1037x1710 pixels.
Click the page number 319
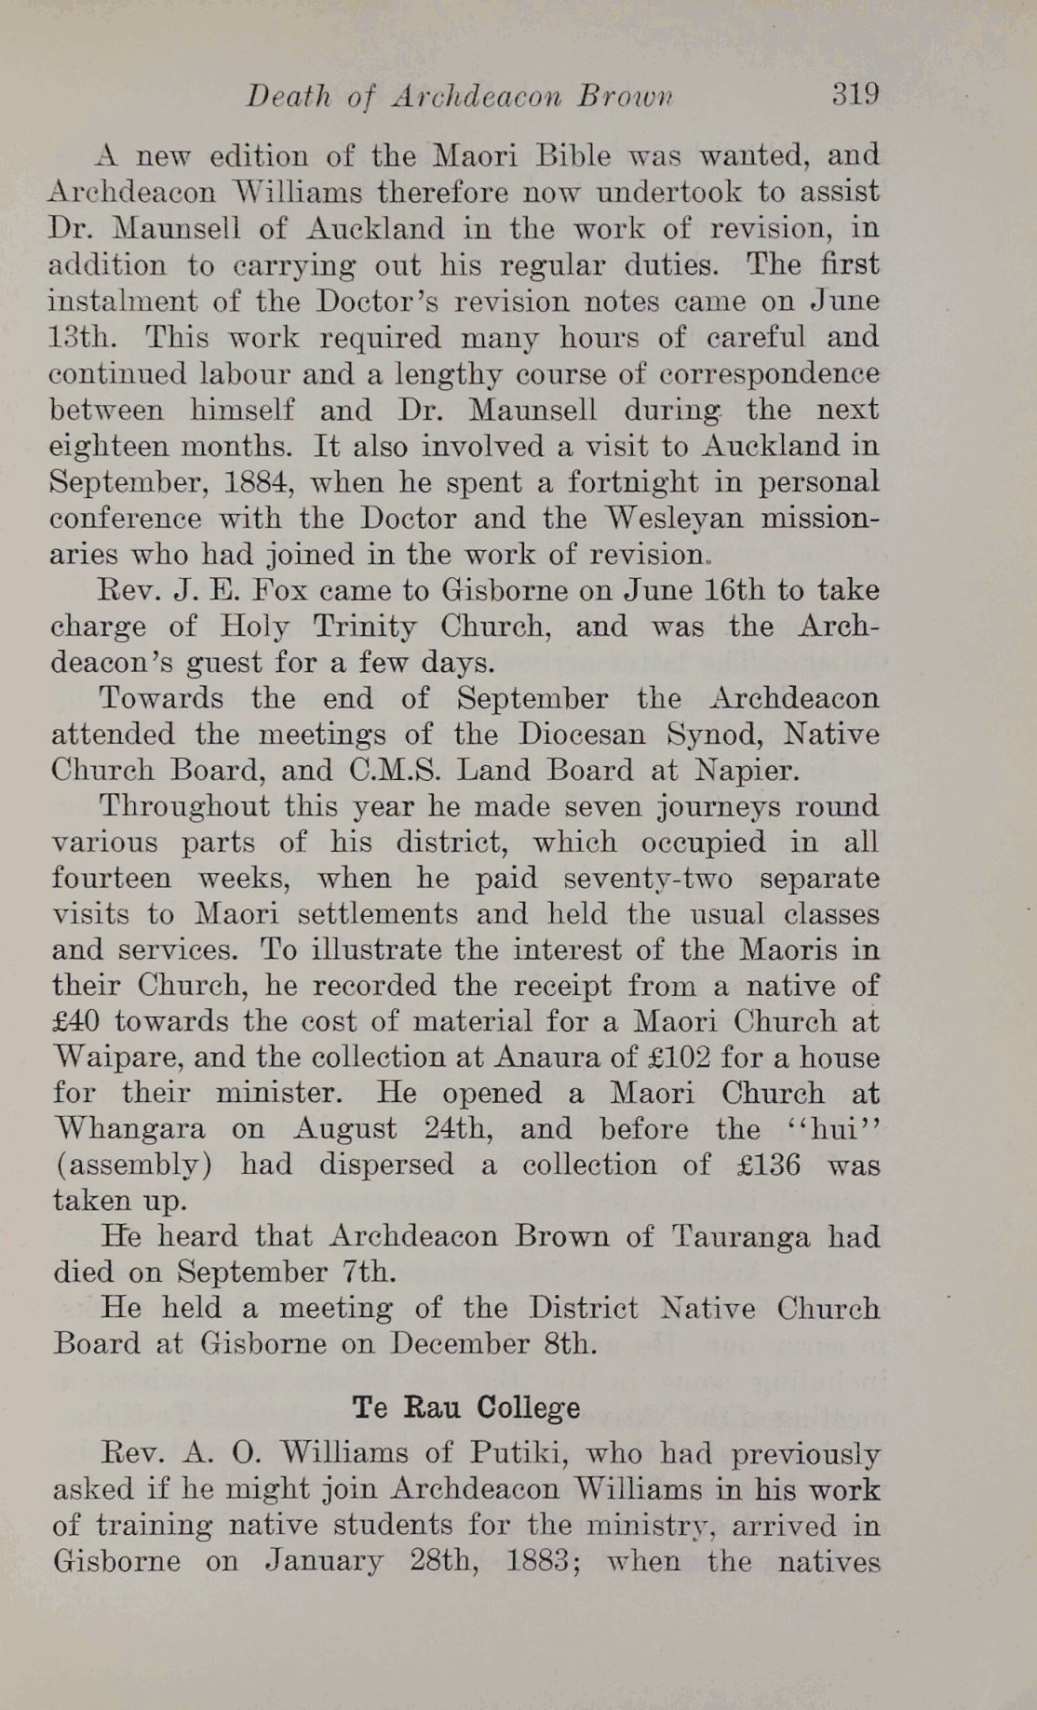pyautogui.click(x=855, y=94)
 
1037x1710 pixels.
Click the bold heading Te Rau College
pyautogui.click(x=466, y=1407)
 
